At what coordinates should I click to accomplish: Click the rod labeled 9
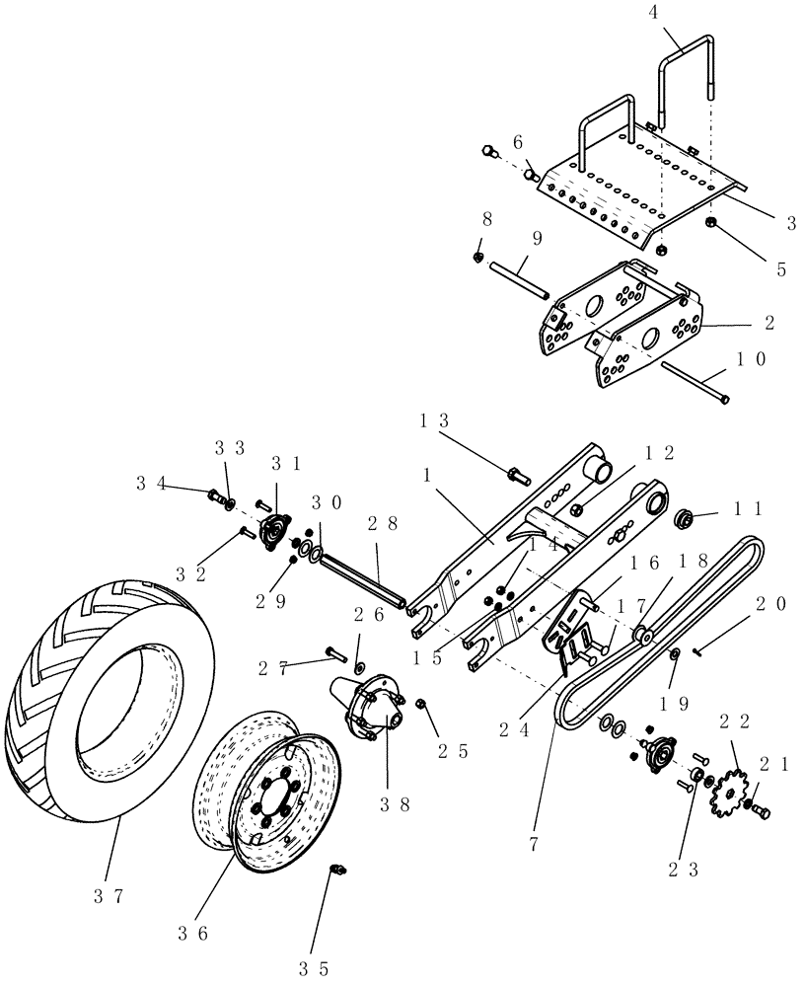(518, 280)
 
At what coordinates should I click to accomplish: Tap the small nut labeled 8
(477, 258)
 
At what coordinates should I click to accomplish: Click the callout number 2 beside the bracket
(768, 323)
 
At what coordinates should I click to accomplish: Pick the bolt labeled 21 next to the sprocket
(760, 811)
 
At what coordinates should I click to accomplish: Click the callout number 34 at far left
(151, 482)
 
